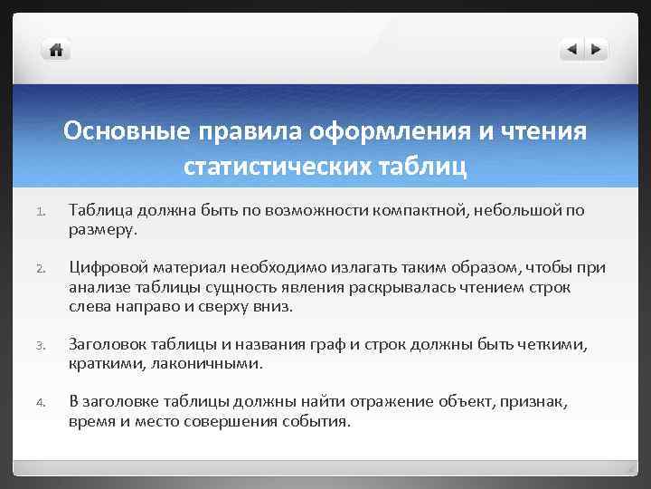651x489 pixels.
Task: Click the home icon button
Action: point(56,50)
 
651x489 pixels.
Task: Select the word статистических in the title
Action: point(273,167)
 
